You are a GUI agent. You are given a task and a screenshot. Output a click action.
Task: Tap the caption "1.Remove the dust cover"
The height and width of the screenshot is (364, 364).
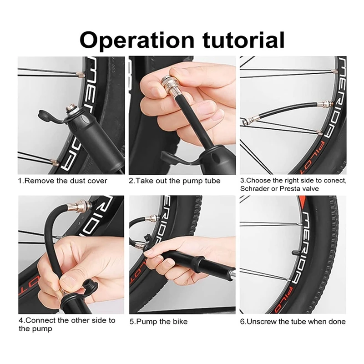tap(63, 181)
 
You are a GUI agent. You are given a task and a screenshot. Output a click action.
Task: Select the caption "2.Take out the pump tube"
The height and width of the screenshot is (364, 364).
tap(175, 181)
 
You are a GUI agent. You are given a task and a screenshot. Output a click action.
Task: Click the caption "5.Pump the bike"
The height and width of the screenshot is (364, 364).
tap(158, 322)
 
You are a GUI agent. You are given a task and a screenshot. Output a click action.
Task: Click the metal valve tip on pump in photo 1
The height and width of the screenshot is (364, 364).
tap(72, 109)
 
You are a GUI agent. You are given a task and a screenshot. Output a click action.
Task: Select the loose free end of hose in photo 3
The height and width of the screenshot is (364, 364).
tap(249, 121)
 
